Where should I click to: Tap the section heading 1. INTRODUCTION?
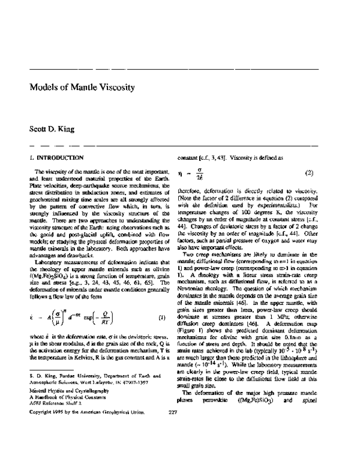point(56,157)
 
